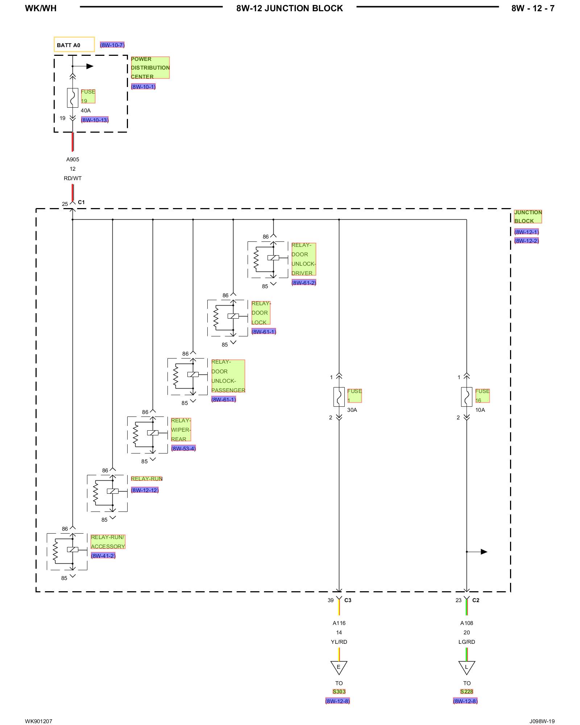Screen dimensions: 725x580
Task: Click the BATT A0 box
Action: pos(74,45)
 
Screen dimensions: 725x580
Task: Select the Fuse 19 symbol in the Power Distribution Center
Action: pos(72,98)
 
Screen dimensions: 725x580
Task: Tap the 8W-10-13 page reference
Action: pos(95,120)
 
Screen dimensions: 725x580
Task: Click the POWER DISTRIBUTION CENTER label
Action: pos(150,68)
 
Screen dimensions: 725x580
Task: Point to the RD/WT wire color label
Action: pos(72,178)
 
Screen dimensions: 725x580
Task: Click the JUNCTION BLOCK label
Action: pos(528,217)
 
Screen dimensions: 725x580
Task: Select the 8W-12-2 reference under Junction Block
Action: pos(526,241)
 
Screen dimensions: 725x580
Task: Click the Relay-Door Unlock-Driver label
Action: pos(303,259)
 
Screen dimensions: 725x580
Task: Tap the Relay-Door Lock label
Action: pos(261,313)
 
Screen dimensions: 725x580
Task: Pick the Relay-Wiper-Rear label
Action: pos(181,430)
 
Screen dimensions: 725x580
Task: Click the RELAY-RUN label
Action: pos(146,478)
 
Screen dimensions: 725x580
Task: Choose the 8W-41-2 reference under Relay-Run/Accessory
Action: pos(103,556)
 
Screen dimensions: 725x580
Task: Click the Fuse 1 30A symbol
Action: pos(339,397)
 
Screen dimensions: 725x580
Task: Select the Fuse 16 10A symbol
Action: pos(467,397)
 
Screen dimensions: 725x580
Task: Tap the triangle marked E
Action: pos(339,667)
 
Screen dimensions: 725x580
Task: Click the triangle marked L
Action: pos(467,667)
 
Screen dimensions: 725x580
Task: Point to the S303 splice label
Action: pos(339,691)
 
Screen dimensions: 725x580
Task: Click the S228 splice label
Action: pos(467,691)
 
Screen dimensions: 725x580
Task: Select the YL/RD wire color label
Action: pos(339,642)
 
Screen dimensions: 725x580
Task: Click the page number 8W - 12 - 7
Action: pos(533,8)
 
